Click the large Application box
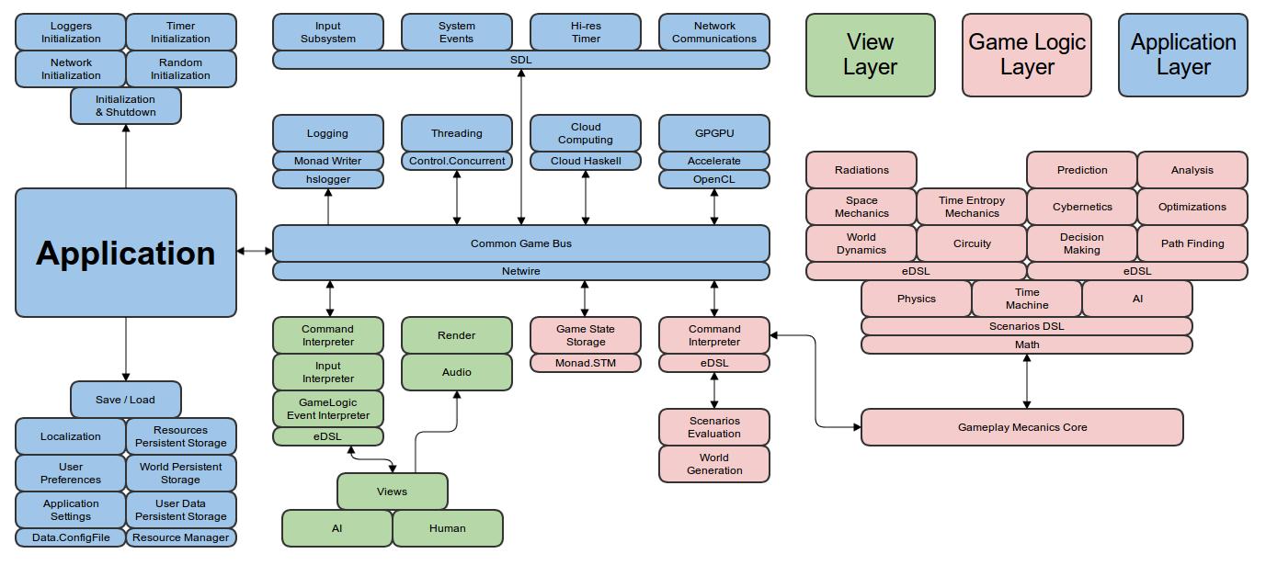click(x=126, y=253)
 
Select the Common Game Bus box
click(x=520, y=243)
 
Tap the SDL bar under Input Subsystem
click(x=520, y=60)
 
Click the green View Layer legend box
click(x=870, y=55)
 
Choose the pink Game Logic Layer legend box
click(x=1026, y=55)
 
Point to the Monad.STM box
click(x=585, y=363)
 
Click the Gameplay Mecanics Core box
click(x=1021, y=427)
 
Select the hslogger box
click(x=327, y=179)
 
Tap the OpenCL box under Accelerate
click(x=713, y=179)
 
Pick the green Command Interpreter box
click(x=327, y=335)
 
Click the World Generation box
click(x=713, y=464)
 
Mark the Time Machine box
click(x=1026, y=299)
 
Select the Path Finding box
click(x=1192, y=243)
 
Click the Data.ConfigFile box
click(x=71, y=537)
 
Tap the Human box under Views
click(x=447, y=528)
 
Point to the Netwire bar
click(x=520, y=271)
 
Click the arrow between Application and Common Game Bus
click(x=255, y=250)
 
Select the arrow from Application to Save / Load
click(x=126, y=349)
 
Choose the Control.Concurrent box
click(x=456, y=161)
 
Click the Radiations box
click(x=861, y=170)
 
